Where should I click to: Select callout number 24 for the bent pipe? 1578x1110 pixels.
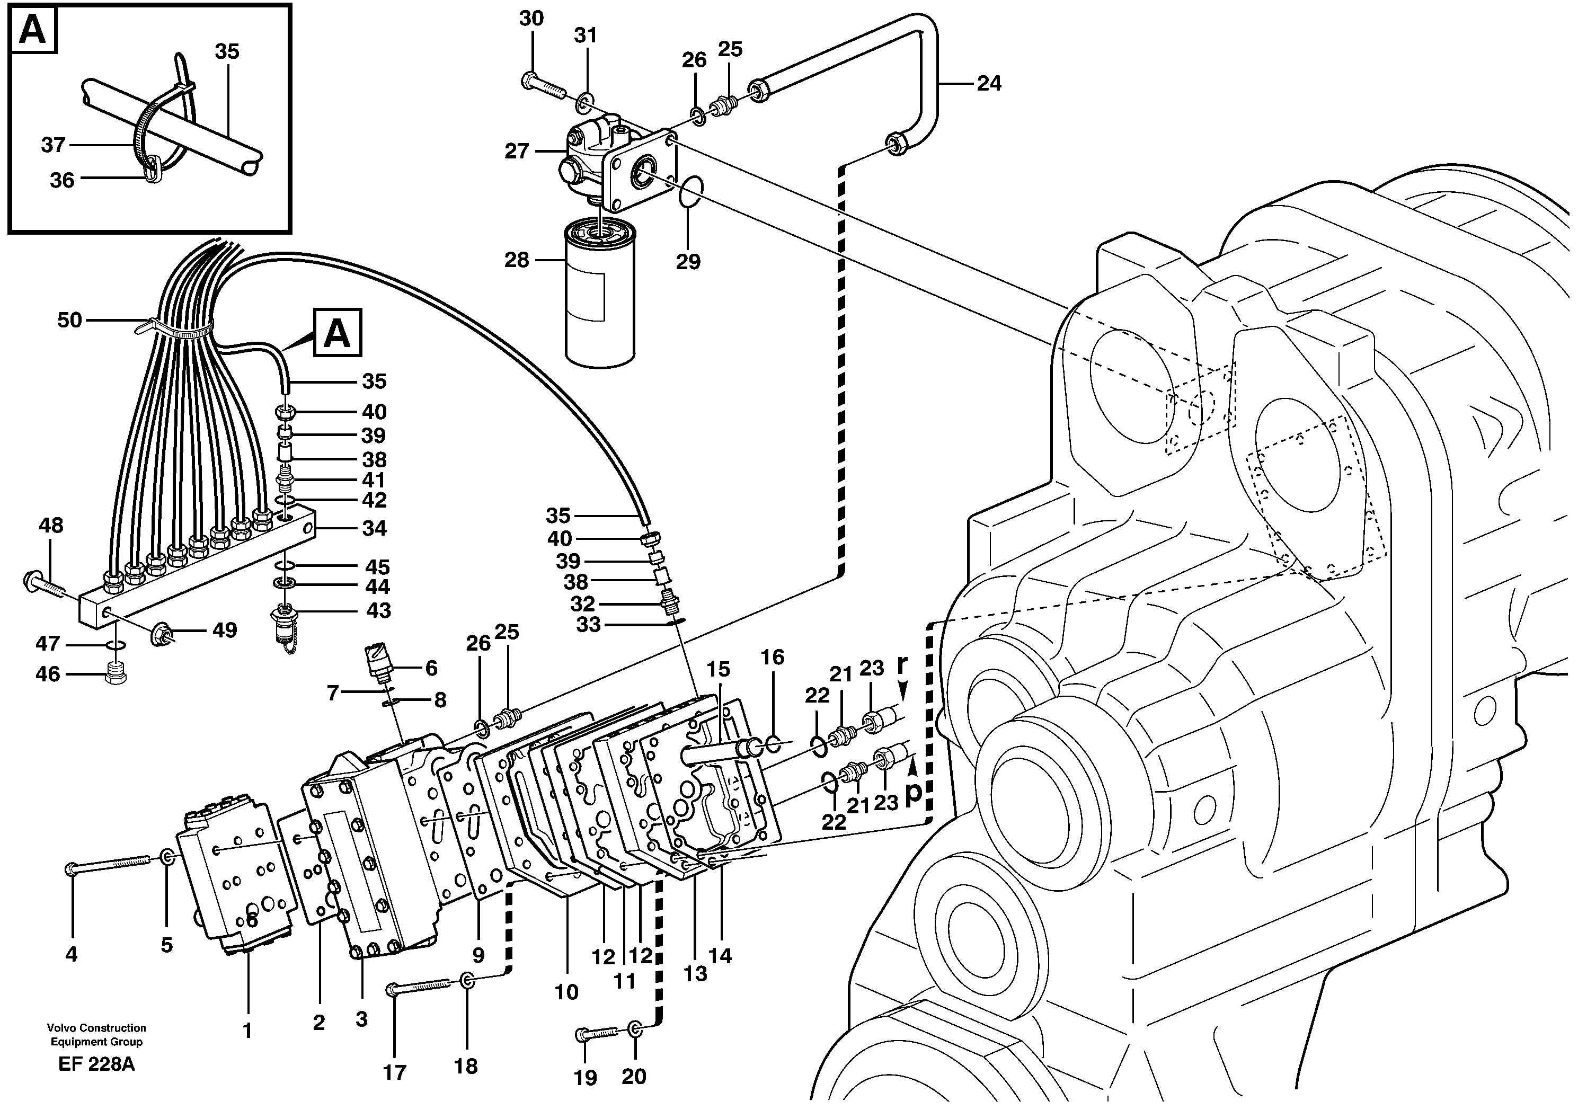coord(988,84)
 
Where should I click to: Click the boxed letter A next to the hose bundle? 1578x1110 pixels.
coord(337,333)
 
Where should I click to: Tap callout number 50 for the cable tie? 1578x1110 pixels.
coord(69,321)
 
